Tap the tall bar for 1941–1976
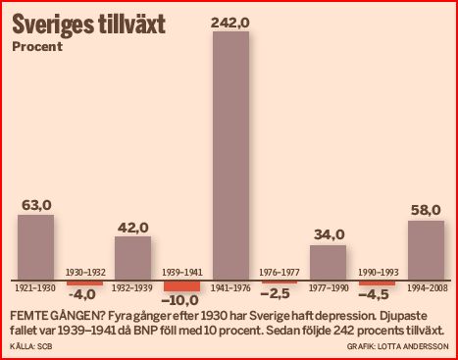click(x=230, y=157)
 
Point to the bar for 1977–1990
click(x=328, y=263)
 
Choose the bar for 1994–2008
click(x=426, y=250)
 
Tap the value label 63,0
click(x=36, y=205)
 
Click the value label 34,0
click(x=329, y=235)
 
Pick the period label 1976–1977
click(x=280, y=271)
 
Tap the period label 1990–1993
click(x=377, y=271)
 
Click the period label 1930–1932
click(x=84, y=271)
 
